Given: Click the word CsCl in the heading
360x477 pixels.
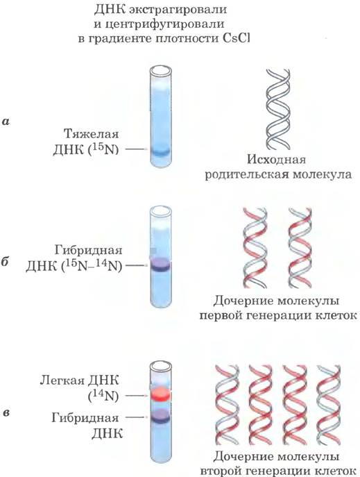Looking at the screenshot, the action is tap(232, 39).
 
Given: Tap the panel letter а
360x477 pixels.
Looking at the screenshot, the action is tap(6, 122).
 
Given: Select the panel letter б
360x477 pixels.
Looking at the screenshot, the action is tap(6, 262).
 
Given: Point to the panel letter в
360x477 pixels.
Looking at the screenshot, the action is tap(6, 413).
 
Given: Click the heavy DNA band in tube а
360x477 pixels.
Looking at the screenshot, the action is tap(160, 152).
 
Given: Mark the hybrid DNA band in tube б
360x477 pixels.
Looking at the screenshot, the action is tap(160, 265).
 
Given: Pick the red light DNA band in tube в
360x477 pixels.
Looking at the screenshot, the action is tap(161, 395).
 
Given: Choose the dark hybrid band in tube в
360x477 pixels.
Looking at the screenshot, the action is tap(161, 416).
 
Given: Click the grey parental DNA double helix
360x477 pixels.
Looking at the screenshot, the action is tap(278, 109).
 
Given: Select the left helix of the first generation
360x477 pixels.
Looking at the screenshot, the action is tap(255, 248).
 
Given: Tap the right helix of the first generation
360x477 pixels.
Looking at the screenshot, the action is tap(300, 248).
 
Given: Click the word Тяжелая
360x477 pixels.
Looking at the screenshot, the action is tap(92, 134).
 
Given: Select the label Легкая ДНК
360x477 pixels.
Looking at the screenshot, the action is tap(80, 380).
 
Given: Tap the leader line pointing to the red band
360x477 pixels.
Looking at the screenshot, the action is tap(137, 396).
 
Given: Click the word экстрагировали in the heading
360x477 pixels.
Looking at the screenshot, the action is tap(178, 10).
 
